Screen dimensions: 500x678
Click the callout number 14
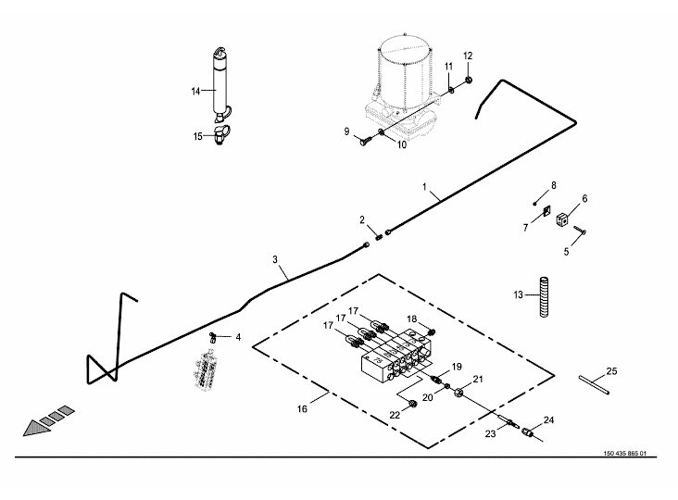tap(195, 91)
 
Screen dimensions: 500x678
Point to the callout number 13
tap(519, 295)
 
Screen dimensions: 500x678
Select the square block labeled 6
tap(562, 219)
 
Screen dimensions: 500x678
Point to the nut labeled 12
tap(469, 80)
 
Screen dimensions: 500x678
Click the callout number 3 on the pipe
tap(275, 260)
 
